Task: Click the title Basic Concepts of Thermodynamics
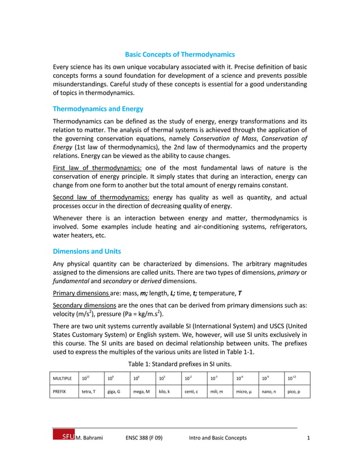179,55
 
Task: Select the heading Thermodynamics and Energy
98,109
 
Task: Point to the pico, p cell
294,391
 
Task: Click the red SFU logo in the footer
63,437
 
